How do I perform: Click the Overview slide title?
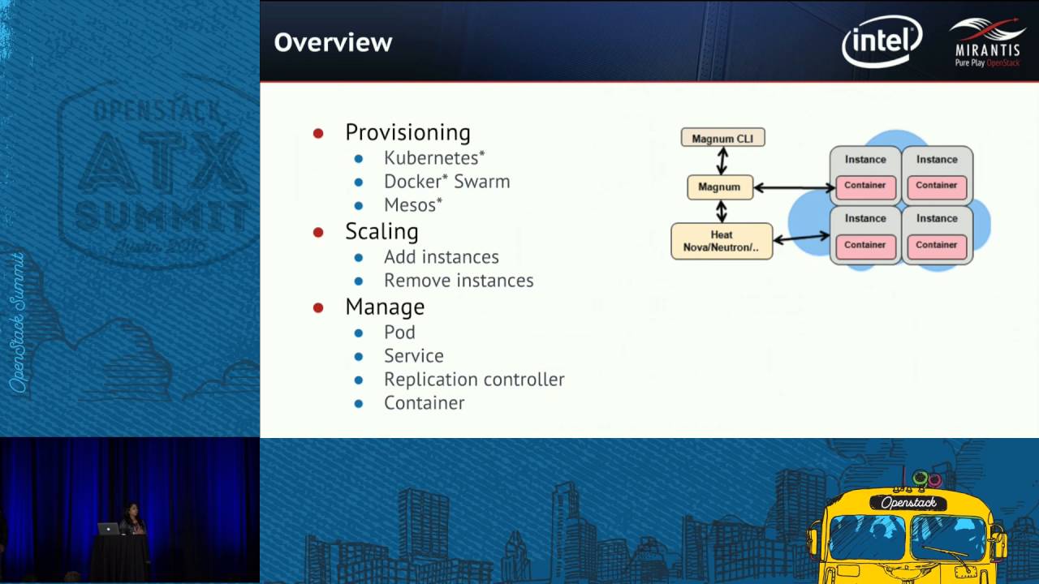(333, 42)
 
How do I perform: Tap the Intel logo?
(882, 41)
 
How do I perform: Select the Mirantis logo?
(987, 42)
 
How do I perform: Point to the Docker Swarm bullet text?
(446, 181)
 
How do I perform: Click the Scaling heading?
(382, 231)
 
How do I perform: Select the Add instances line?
(441, 256)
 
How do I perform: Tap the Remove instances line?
(458, 280)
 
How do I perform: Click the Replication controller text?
(473, 379)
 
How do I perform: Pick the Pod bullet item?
(399, 332)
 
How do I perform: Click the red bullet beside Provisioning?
(318, 133)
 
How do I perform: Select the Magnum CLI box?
(722, 138)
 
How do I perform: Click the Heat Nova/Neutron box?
(721, 241)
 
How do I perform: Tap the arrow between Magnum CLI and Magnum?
(722, 161)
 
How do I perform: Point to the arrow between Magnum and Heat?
(721, 211)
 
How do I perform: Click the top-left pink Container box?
(864, 186)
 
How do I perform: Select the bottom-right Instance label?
(937, 218)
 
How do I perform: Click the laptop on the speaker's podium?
(108, 528)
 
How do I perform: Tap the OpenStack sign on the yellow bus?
(908, 503)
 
